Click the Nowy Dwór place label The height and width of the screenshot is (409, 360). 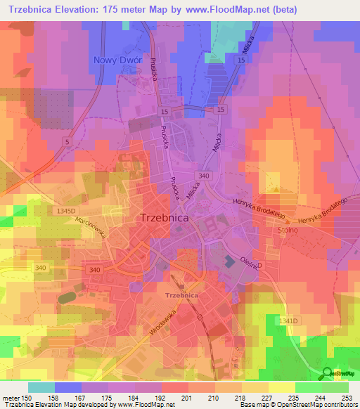[118, 60]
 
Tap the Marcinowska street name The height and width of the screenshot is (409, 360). [93, 227]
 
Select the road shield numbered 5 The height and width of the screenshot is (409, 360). [66, 141]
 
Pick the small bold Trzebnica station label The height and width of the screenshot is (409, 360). [182, 297]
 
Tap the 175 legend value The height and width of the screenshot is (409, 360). [108, 398]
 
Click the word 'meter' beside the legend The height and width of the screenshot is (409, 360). [11, 398]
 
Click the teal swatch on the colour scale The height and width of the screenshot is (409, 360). [41, 387]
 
